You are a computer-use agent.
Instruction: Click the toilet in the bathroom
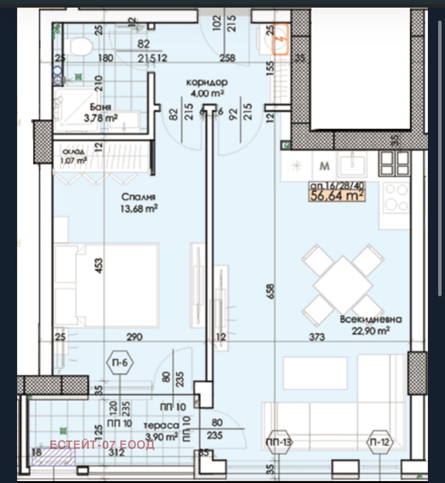[x=79, y=47]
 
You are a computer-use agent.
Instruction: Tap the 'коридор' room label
[x=207, y=83]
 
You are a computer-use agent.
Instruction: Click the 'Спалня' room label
[x=139, y=197]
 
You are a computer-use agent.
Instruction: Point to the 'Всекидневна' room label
[x=371, y=319]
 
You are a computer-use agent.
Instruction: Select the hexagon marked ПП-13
[x=279, y=442]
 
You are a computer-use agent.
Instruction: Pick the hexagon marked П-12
[x=380, y=442]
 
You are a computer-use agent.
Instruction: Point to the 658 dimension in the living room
[x=270, y=292]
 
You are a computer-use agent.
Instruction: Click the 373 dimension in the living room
[x=316, y=337]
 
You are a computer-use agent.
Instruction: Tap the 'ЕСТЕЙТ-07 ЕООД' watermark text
[x=102, y=445]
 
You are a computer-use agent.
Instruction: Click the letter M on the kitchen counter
[x=324, y=166]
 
